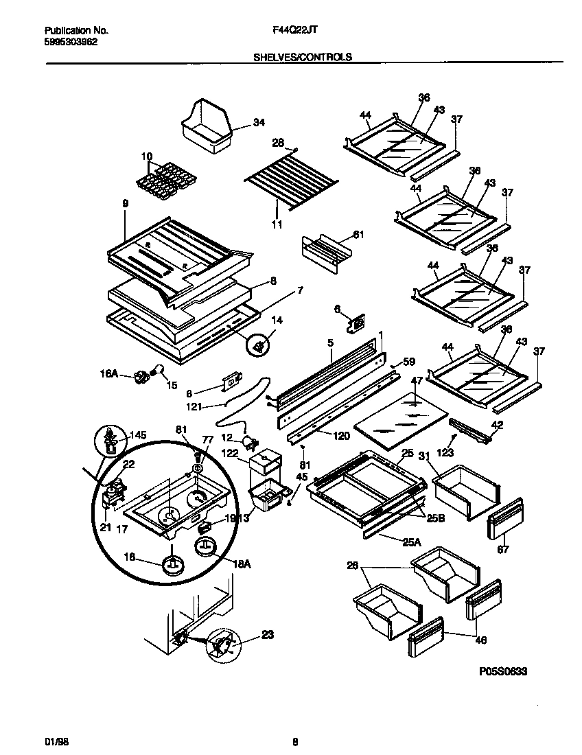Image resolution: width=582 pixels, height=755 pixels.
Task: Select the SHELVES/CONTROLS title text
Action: [303, 58]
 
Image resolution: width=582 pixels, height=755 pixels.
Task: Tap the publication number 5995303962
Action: [71, 41]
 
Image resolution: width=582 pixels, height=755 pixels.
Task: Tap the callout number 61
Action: [358, 235]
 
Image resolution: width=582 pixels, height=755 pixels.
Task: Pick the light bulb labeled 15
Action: [157, 371]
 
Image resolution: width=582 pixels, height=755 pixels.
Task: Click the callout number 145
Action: [138, 435]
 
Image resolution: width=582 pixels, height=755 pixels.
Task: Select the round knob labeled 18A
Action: [206, 546]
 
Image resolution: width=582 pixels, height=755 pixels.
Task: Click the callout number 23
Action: [267, 635]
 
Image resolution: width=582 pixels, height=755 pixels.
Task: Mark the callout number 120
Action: [341, 436]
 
